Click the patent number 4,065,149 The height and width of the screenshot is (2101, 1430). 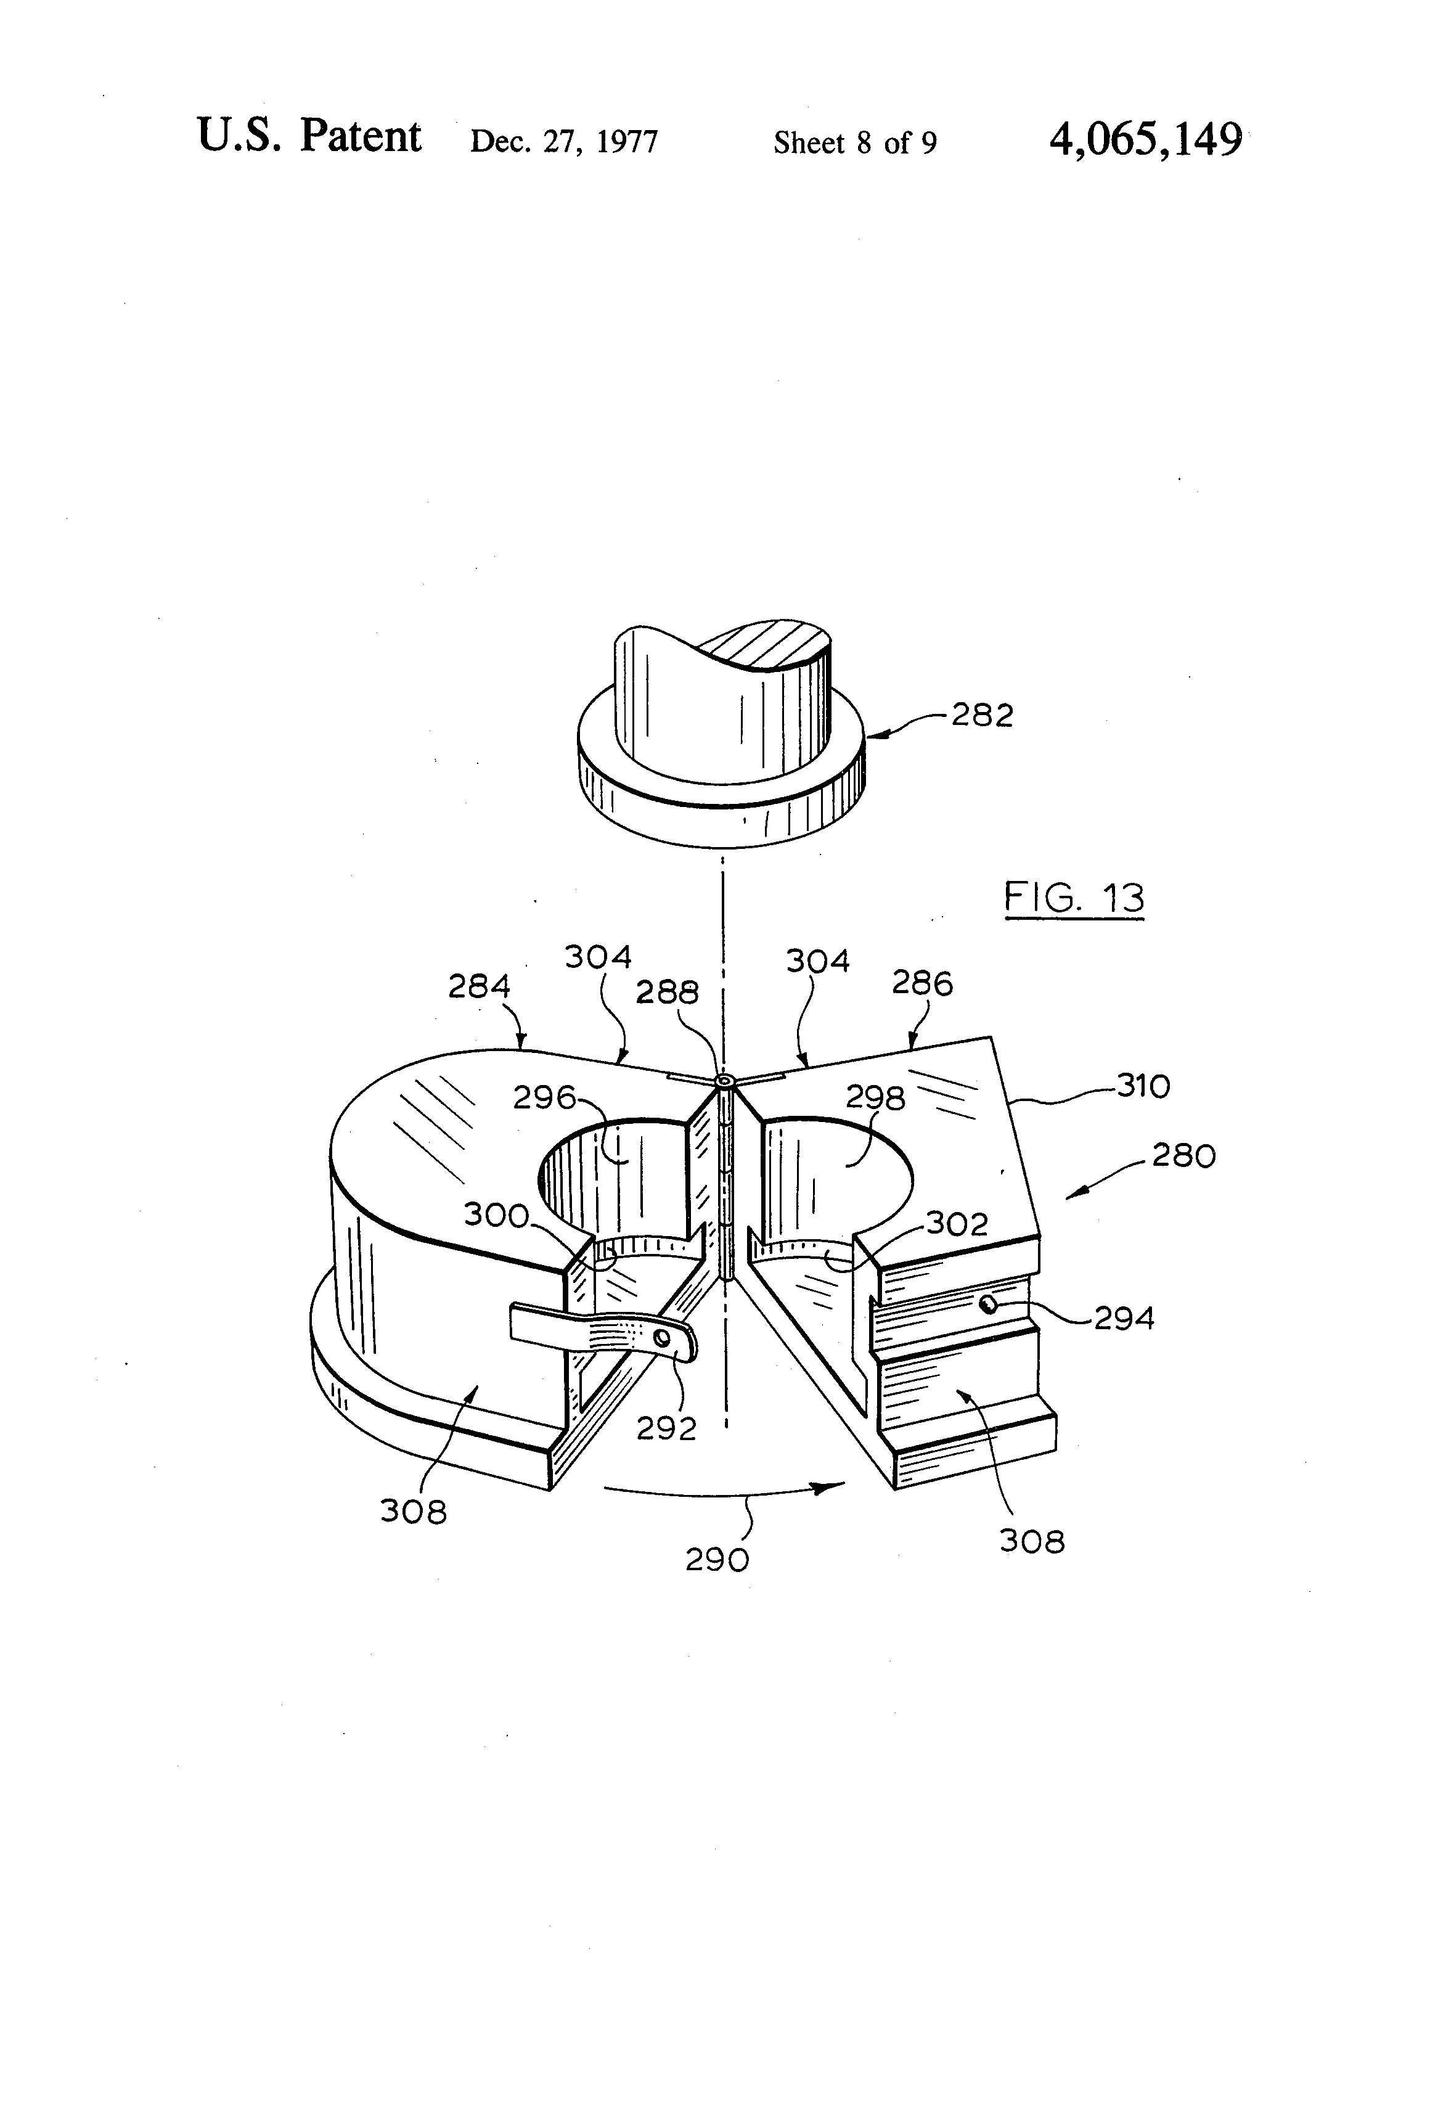1145,140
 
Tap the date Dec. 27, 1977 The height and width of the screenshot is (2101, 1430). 564,142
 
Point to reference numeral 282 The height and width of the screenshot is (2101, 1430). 982,715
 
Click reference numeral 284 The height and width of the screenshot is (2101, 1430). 479,986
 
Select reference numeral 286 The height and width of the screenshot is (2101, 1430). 922,983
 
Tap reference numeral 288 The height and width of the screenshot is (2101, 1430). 667,993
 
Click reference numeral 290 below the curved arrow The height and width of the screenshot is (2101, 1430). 717,1560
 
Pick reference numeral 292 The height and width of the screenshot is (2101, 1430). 666,1428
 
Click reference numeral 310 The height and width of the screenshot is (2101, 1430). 1143,1086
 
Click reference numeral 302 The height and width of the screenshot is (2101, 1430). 957,1224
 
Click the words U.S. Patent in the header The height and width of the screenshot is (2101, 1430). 309,137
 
